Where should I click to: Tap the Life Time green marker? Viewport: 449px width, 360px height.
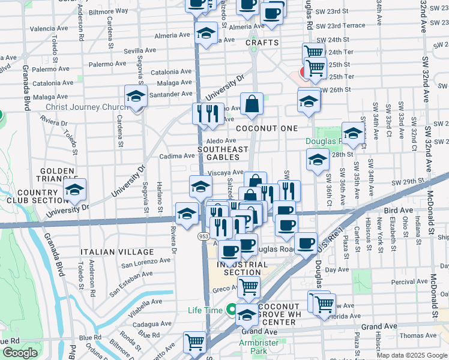[231, 310]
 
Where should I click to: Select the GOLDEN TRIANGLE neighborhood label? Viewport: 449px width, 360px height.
[56, 175]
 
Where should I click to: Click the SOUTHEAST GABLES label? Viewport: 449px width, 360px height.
[223, 153]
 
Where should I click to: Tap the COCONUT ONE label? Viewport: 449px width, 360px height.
[267, 128]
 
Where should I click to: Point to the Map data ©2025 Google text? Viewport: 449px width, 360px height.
[411, 355]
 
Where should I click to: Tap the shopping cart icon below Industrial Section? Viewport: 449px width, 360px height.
[248, 286]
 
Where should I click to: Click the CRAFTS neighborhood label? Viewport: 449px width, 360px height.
[262, 43]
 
